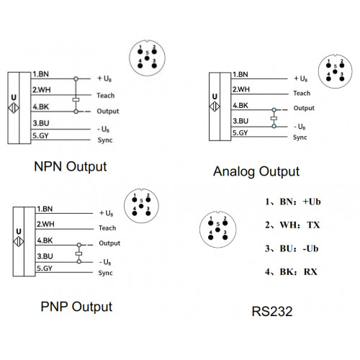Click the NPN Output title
[x=71, y=167]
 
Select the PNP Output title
[x=76, y=307]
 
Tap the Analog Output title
[x=256, y=172]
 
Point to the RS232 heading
[x=272, y=312]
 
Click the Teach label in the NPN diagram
[x=106, y=96]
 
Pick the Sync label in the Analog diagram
[x=300, y=138]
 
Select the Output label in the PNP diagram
[x=109, y=243]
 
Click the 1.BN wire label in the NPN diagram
[x=41, y=74]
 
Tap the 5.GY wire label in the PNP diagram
[x=45, y=268]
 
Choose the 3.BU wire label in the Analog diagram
[x=240, y=121]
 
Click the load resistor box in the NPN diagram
[x=76, y=99]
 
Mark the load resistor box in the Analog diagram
[x=274, y=118]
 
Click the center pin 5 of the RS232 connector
[x=217, y=230]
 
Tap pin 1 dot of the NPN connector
[x=140, y=52]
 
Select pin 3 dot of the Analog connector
[x=342, y=78]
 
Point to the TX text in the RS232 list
[x=313, y=225]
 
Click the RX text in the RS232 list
[x=310, y=272]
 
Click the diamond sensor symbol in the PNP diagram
[x=19, y=241]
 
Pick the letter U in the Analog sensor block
[x=215, y=96]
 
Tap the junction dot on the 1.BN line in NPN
[x=76, y=78]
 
